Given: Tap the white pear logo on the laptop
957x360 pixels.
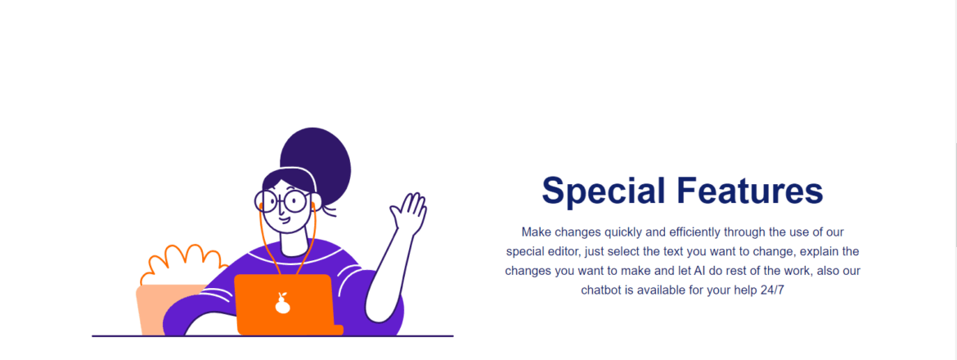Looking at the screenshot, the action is (x=282, y=304).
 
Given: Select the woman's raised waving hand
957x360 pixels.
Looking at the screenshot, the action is (x=408, y=213).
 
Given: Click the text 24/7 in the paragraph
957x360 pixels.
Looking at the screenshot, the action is (x=772, y=290).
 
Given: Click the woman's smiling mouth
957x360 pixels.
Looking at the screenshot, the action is (x=285, y=219).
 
